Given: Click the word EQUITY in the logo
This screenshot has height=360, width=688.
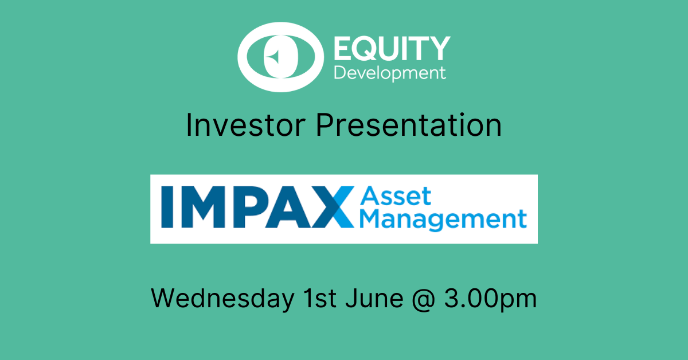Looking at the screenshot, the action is pos(392,48).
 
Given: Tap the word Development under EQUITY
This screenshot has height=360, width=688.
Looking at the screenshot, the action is pos(390,73).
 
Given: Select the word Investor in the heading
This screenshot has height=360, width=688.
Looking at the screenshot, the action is pos(245,125).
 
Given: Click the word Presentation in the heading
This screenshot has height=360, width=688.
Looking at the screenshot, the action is pos(409,125).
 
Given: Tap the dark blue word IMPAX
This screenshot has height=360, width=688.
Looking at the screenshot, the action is pos(257,207).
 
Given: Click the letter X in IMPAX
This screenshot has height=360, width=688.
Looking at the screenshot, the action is pos(333,207).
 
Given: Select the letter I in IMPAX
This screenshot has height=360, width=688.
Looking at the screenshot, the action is pos(167,207).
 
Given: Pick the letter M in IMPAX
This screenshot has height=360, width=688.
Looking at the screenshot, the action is pos(204,207).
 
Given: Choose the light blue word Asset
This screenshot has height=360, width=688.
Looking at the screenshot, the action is pos(396,196).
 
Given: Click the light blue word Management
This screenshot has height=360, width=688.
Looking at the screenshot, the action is pos(443,220).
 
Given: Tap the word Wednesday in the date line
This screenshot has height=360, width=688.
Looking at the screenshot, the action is pos(222,299).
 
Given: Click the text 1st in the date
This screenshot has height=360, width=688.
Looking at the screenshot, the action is pos(320,298).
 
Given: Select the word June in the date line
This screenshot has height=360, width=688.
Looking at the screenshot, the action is pos(374,298).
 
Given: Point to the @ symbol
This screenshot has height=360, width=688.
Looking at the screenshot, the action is pos(424,299).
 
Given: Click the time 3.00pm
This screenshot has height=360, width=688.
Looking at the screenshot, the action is pos(491,299).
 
